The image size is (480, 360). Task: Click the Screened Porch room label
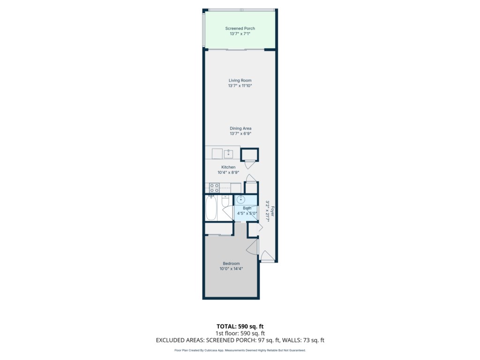pos(240,29)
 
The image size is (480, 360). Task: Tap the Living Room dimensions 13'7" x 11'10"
pos(240,86)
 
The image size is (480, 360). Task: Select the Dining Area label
pos(240,128)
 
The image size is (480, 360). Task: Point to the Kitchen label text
pos(228,167)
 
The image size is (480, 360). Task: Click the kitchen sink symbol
pos(228,154)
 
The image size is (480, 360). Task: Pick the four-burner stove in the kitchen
pos(214,188)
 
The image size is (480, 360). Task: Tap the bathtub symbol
pos(211,208)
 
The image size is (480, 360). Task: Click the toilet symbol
pos(225,201)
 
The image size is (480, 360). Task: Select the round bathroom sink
pos(241,200)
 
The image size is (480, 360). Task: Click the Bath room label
pos(247,208)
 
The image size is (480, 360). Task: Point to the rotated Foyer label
pos(272,211)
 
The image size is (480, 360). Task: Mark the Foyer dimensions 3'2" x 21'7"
pos(267,211)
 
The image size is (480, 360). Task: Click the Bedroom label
pos(231,263)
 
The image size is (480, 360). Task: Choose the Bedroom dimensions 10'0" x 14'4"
pos(231,269)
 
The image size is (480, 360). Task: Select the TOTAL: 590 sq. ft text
pos(240,326)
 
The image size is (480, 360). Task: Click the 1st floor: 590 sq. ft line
pos(240,333)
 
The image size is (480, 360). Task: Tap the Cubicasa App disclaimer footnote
pos(240,350)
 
